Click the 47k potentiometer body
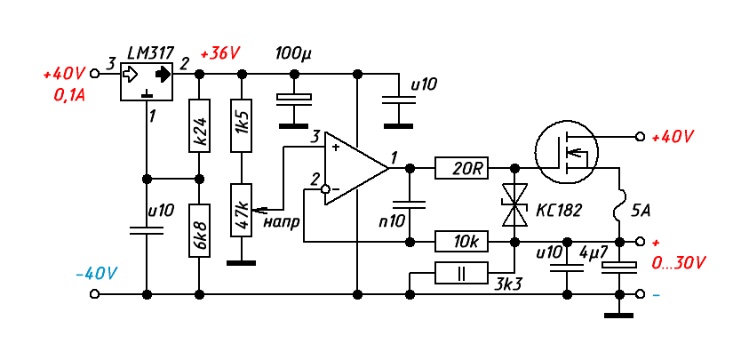pos(240,210)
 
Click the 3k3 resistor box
pos(462,274)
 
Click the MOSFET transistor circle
pos(567,152)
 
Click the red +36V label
pos(221,53)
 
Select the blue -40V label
pos(97,273)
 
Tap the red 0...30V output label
pos(678,263)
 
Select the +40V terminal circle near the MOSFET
pos(639,137)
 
